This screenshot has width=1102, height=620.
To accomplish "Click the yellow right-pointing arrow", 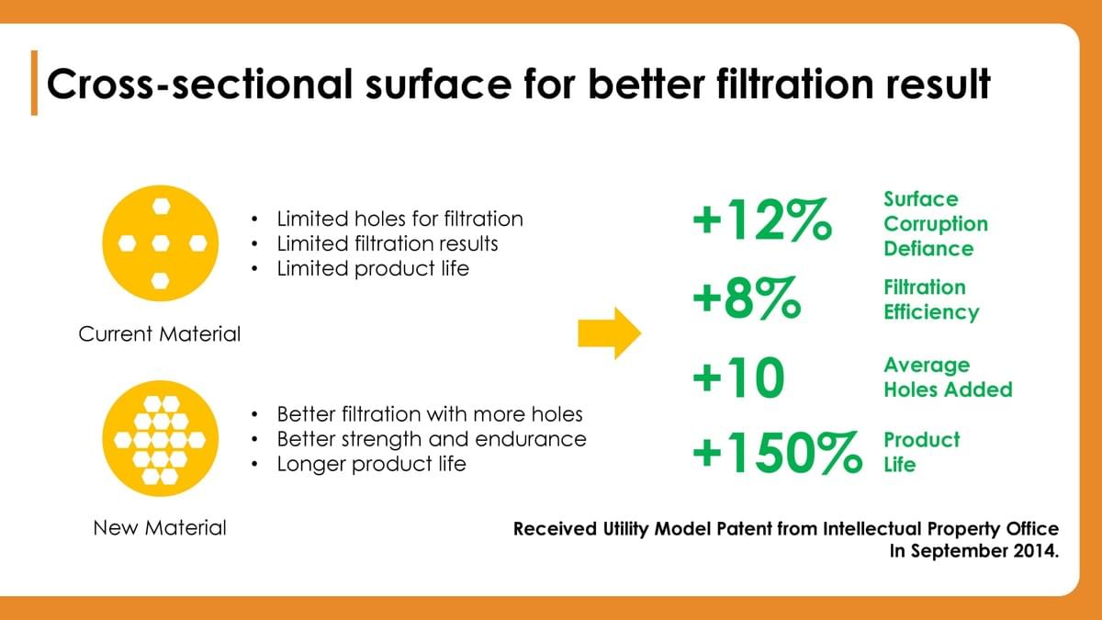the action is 610,333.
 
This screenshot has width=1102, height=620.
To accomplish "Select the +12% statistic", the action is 762,220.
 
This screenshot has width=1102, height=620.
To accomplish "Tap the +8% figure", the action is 747,299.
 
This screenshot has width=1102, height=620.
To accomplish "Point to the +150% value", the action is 777,453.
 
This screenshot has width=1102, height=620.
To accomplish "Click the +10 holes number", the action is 738,378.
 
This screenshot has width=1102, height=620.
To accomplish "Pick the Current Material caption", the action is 160,334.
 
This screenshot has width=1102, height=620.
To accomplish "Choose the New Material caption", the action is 160,528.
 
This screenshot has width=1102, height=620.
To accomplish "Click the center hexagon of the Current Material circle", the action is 161,243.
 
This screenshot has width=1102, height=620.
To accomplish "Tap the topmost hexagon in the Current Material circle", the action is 161,206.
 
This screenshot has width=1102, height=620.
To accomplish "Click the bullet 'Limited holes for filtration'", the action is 399,219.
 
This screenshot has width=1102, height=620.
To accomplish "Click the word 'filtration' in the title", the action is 794,84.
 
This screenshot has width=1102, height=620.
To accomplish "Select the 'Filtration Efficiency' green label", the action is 931,299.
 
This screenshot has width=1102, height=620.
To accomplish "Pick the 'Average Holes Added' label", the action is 948,378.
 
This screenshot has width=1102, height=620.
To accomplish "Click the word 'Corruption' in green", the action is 936,224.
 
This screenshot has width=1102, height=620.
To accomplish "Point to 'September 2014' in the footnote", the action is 984,550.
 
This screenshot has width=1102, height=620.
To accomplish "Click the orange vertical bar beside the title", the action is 34,83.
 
